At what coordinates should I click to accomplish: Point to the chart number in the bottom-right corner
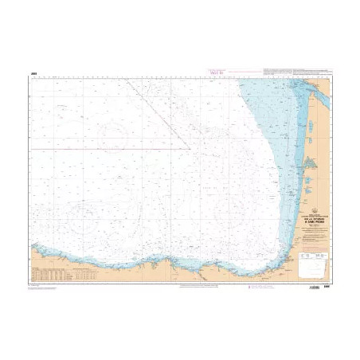(x=327, y=284)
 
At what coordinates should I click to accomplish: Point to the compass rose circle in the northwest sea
(x=112, y=135)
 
